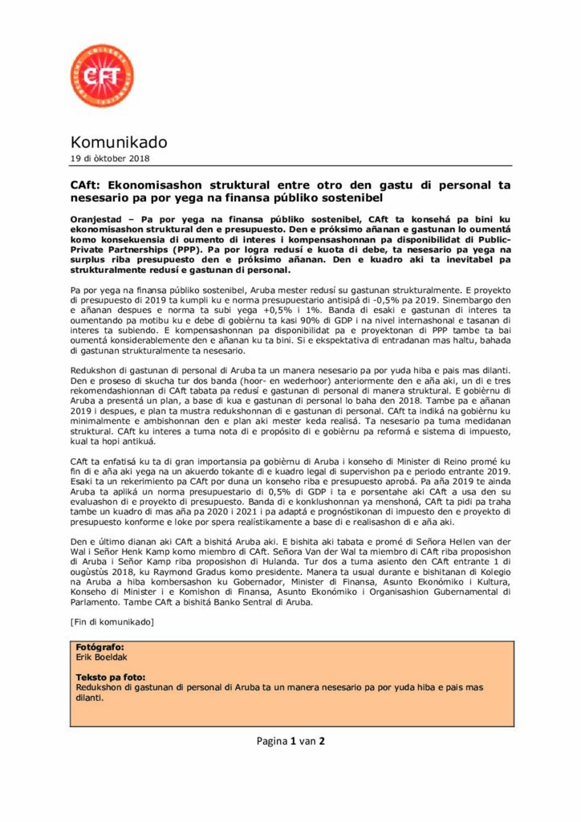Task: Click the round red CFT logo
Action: coord(102,77)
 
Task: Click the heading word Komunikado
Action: coord(119,142)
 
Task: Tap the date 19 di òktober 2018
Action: coord(108,159)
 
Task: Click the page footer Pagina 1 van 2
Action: coord(290,741)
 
